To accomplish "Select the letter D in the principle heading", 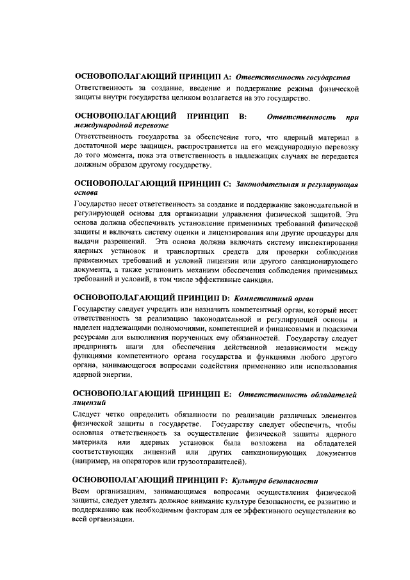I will pyautogui.click(x=225, y=298).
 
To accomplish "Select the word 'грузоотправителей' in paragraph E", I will pyautogui.click(x=213, y=461).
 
